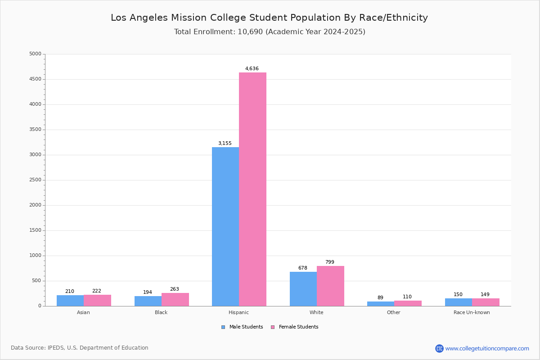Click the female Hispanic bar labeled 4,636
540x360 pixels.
252,189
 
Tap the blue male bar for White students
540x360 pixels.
303,289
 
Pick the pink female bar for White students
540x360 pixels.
330,286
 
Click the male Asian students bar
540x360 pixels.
70,301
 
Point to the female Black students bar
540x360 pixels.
175,300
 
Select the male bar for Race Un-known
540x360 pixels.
459,302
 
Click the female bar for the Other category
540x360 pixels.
408,303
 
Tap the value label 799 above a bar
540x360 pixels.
330,262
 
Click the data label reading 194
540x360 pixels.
148,292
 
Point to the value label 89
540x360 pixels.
380,298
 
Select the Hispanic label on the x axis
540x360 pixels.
238,312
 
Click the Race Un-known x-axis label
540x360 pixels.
472,312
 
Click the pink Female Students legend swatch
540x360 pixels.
273,327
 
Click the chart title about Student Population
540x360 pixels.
269,18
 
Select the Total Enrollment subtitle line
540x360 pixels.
269,32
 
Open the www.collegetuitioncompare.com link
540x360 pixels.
487,348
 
